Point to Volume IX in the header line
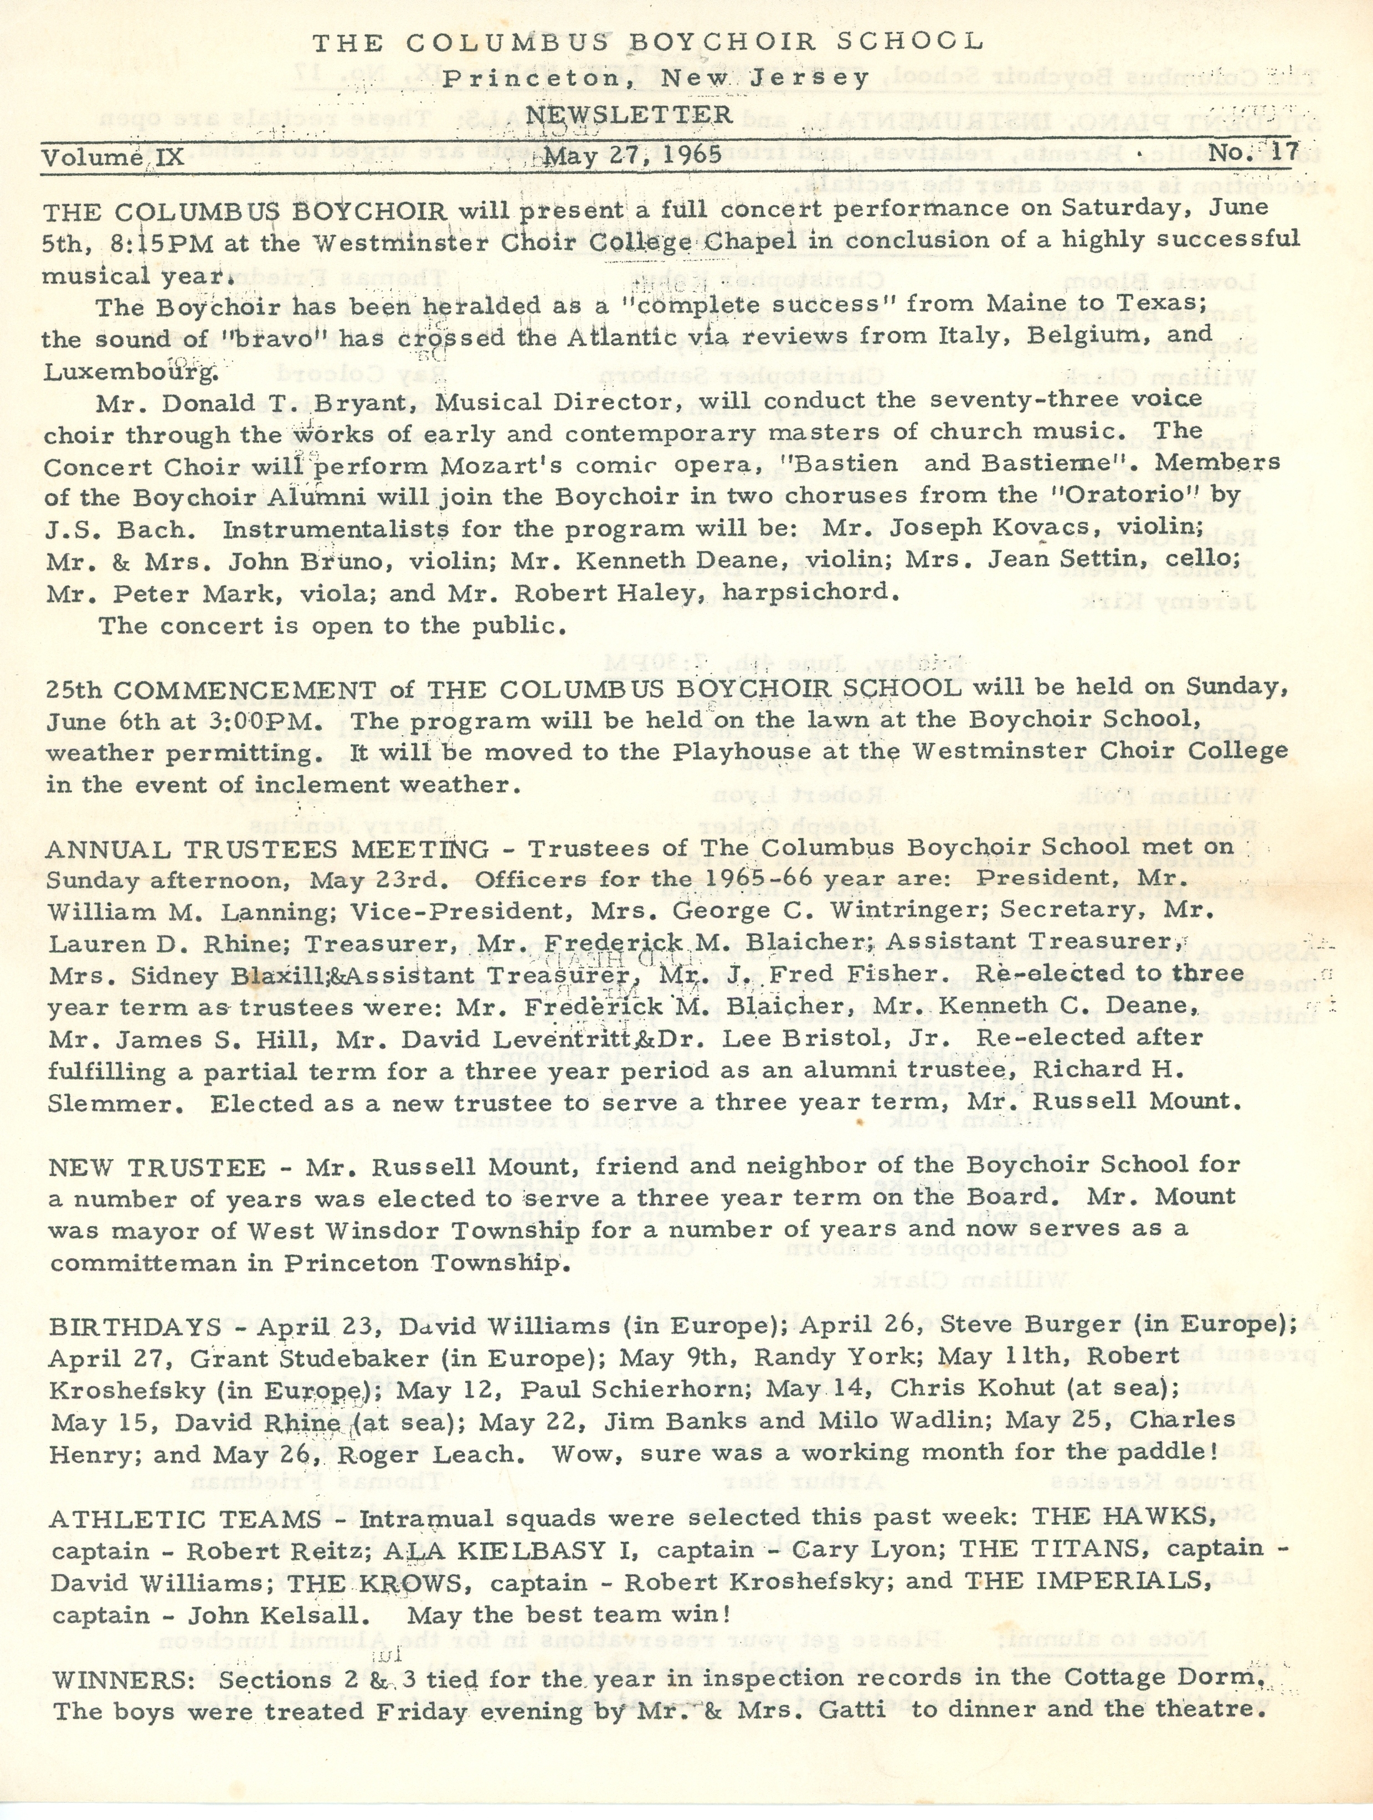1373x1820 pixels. (114, 157)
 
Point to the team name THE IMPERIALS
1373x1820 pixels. (1088, 1581)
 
